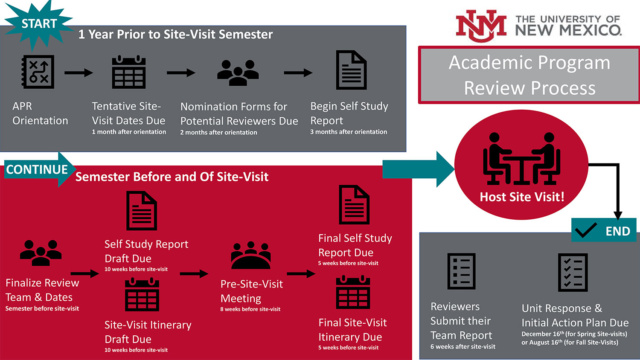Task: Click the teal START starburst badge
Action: [38, 24]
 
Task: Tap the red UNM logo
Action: [481, 26]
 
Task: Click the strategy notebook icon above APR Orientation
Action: [38, 72]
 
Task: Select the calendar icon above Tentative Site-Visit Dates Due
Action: [128, 72]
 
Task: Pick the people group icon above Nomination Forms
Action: [238, 73]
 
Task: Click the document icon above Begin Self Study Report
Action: [351, 70]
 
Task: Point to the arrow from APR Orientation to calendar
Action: [79, 73]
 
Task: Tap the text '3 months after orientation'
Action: [349, 132]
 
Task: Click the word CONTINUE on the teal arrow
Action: [37, 169]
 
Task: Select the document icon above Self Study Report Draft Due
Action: [141, 211]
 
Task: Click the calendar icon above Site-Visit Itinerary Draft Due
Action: [142, 295]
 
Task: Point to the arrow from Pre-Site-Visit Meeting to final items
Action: [301, 274]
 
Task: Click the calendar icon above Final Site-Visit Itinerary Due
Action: [353, 292]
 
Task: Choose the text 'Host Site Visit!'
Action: [522, 197]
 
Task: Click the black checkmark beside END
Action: [586, 230]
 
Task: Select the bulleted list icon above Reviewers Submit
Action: [461, 271]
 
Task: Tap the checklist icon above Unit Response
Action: [573, 272]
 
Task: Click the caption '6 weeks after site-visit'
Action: [463, 347]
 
